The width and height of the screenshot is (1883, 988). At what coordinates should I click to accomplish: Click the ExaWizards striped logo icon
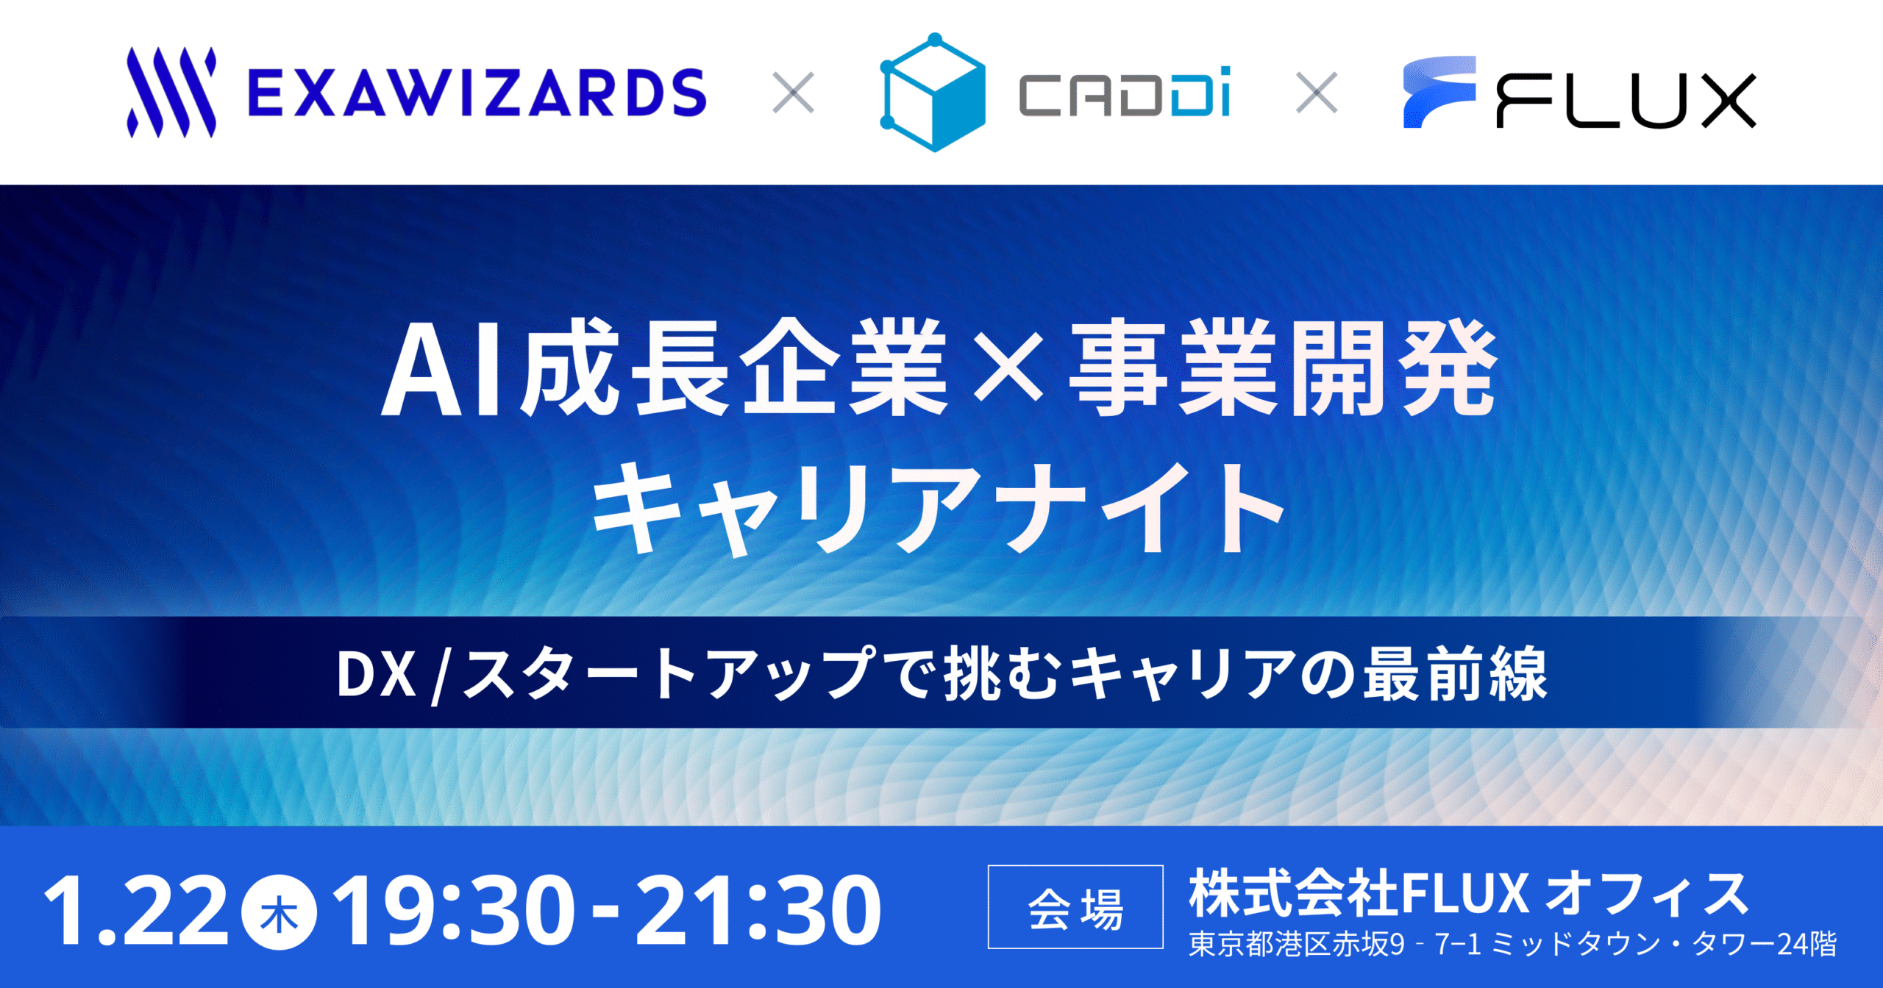[171, 93]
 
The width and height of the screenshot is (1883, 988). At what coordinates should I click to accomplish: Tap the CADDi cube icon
[933, 93]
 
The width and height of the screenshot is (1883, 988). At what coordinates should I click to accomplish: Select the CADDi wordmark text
[1125, 93]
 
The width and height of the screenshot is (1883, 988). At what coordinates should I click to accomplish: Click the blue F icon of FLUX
[1439, 92]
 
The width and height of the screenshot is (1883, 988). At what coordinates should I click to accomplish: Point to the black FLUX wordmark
[1626, 101]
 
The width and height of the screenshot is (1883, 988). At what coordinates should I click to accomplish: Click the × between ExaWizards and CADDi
[794, 93]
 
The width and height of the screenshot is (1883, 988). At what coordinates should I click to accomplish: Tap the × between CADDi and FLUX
[1317, 93]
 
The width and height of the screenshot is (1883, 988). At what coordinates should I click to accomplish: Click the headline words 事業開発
[1283, 368]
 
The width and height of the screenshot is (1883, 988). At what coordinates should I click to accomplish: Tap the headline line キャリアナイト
[939, 507]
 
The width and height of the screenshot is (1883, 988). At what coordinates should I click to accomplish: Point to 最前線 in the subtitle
[1456, 674]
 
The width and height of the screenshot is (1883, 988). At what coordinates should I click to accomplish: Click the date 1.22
[136, 911]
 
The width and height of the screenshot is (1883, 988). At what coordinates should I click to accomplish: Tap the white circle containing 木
[280, 912]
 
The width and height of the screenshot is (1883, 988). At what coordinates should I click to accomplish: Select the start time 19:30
[454, 911]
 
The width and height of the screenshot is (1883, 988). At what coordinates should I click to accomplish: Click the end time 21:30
[758, 911]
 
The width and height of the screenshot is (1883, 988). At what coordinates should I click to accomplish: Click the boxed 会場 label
[1075, 907]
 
